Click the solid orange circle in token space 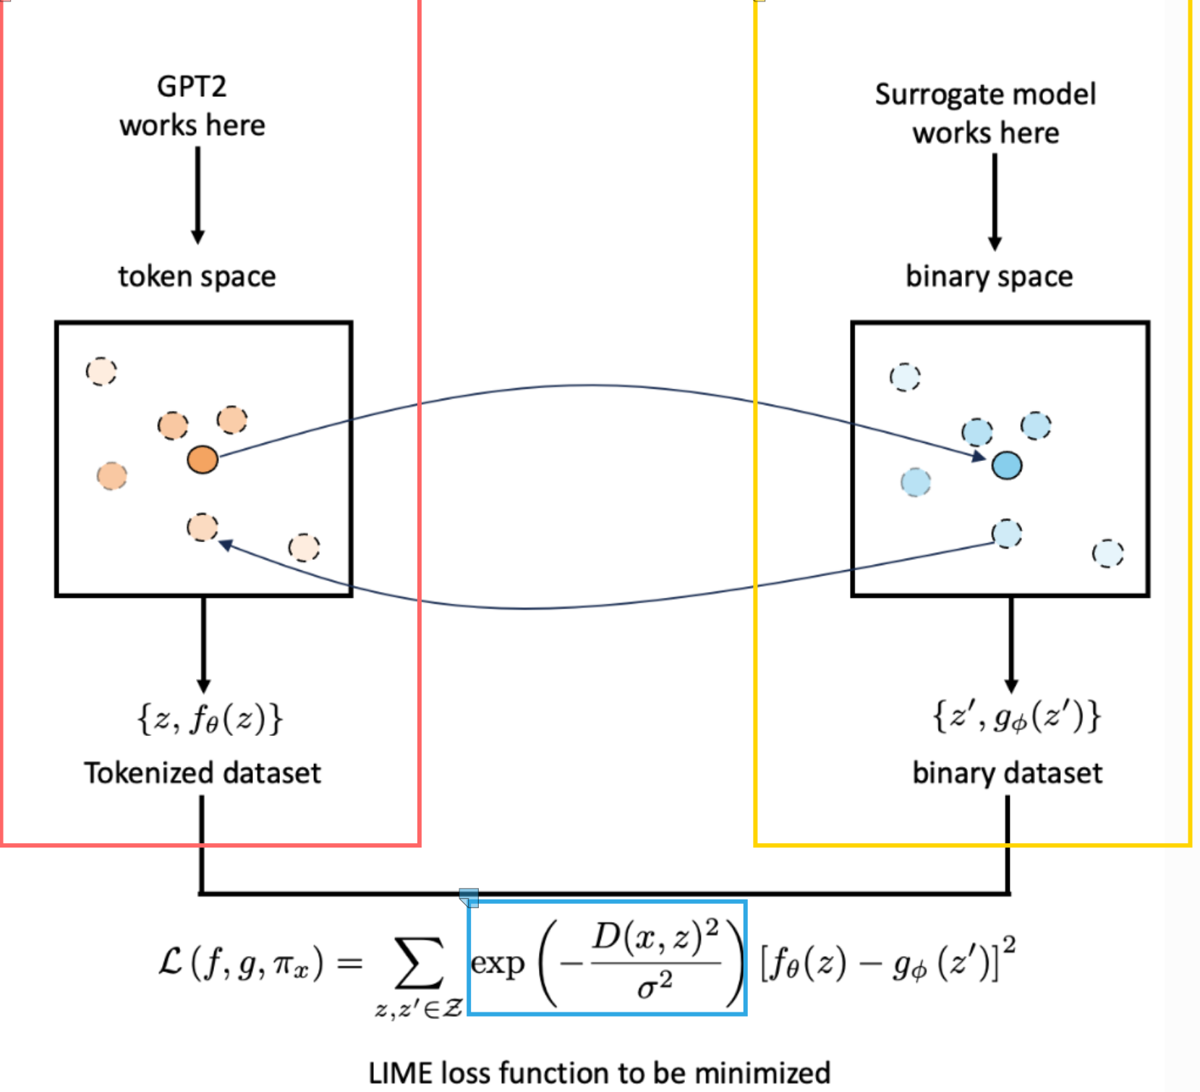(x=203, y=460)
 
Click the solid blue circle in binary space (x=1007, y=465)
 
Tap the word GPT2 (x=192, y=87)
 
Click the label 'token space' (x=197, y=276)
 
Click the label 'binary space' (x=989, y=276)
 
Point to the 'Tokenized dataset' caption (x=203, y=773)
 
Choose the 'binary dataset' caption (x=1007, y=773)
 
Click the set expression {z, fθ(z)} (x=209, y=719)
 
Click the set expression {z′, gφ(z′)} (x=1016, y=717)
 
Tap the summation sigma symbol (x=419, y=963)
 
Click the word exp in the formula (x=498, y=964)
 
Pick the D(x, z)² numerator (x=655, y=939)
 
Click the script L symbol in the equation (x=171, y=962)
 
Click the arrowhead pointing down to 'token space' (x=197, y=237)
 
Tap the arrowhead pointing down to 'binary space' (x=995, y=243)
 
